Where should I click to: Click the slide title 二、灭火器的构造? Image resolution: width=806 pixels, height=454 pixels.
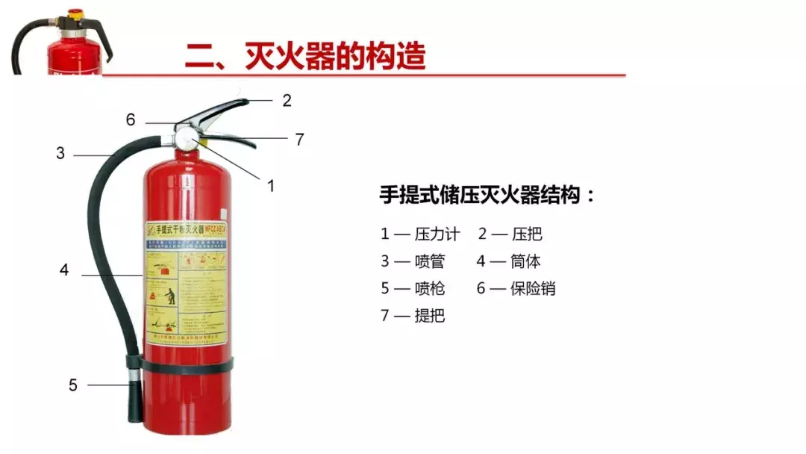(x=305, y=56)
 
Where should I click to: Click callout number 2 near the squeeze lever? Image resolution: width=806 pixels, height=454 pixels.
(x=287, y=101)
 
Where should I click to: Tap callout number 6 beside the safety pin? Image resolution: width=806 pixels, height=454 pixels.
(x=131, y=119)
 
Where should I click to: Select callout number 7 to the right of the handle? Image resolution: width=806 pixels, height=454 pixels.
(x=299, y=139)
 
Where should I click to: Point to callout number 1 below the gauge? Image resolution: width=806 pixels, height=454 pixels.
(x=271, y=186)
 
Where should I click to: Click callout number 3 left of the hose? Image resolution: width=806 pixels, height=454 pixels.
(x=60, y=154)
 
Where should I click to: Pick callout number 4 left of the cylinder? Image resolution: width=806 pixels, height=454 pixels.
(x=64, y=270)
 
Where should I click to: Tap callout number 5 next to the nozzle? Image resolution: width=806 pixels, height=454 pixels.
(x=72, y=385)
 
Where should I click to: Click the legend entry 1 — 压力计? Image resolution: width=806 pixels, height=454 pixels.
(x=419, y=234)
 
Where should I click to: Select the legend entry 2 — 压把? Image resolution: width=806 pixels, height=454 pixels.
(x=510, y=234)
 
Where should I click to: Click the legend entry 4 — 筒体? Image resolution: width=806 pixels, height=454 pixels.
(x=510, y=261)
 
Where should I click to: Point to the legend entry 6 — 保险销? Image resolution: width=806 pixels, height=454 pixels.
(x=516, y=288)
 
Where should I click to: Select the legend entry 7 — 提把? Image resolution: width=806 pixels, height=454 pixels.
(x=413, y=315)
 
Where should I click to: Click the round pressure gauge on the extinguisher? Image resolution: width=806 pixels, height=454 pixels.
(x=184, y=139)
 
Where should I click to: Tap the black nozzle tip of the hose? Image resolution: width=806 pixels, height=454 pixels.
(x=132, y=396)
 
